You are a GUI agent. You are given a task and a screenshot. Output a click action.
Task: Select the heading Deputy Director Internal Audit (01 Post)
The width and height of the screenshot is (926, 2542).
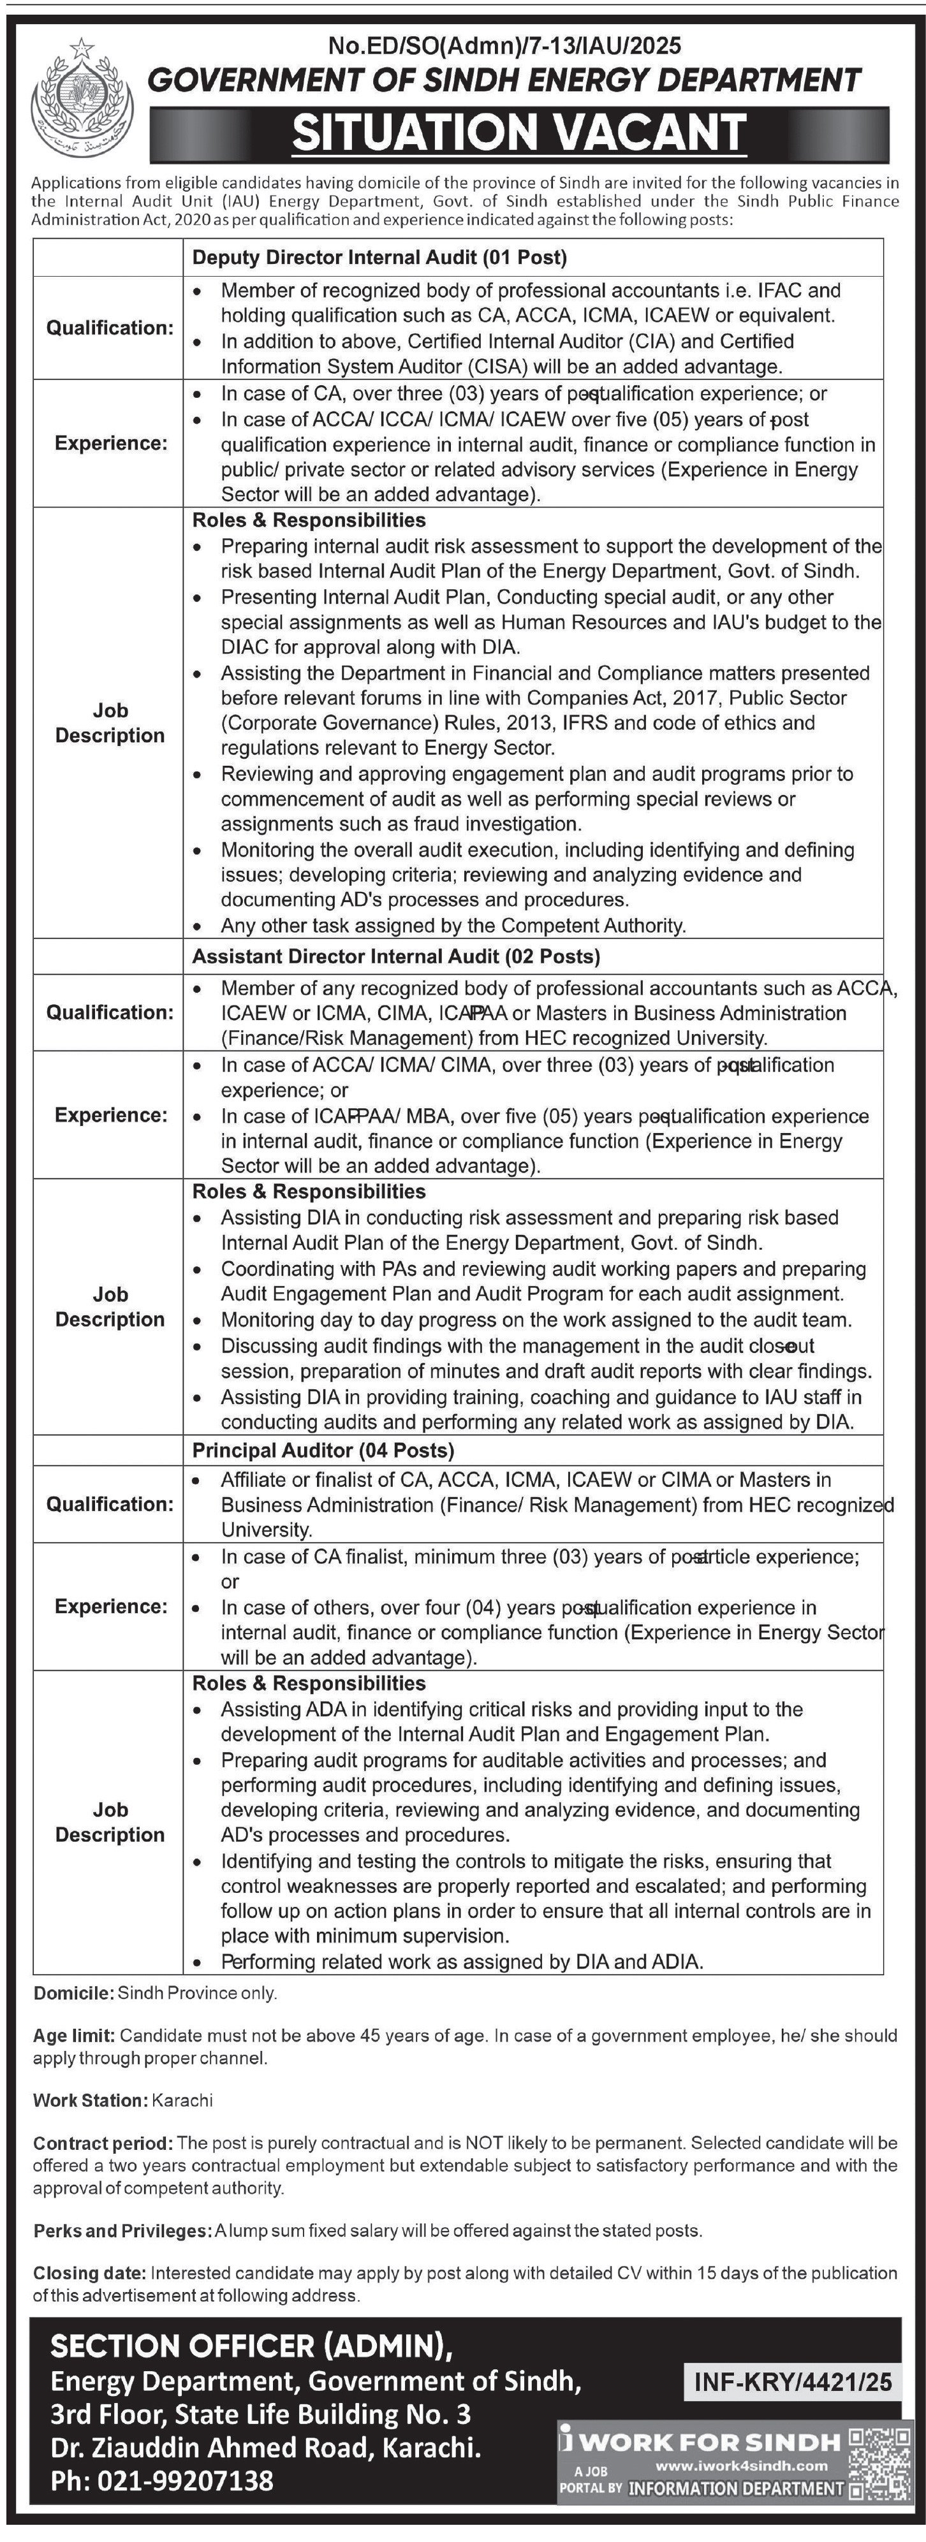point(379,258)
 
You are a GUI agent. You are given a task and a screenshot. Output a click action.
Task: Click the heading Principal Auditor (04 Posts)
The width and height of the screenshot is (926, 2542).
point(323,1450)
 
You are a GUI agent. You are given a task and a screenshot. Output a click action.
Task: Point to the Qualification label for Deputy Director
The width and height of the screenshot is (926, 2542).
point(110,328)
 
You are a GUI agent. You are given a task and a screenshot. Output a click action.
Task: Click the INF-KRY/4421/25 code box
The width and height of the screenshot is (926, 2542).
point(793,2381)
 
